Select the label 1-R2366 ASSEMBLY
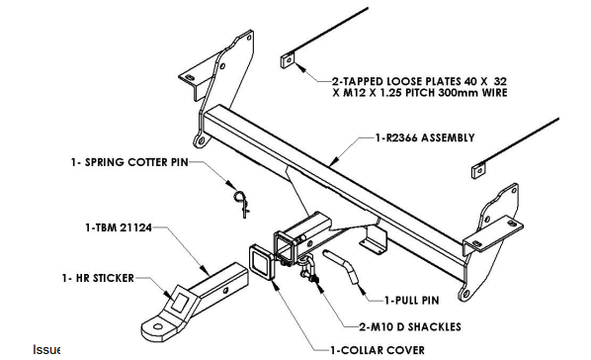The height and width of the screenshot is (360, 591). (x=425, y=137)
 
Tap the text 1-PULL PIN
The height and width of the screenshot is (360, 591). (x=412, y=301)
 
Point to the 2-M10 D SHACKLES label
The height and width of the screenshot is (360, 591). (x=410, y=326)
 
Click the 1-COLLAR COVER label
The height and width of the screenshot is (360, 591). (x=378, y=350)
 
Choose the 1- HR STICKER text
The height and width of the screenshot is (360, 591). (x=98, y=278)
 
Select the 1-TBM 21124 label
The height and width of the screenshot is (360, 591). (x=119, y=227)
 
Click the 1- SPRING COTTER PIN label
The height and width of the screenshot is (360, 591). (x=129, y=162)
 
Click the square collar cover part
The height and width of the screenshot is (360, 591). (x=261, y=262)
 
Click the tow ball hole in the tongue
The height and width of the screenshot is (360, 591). (x=159, y=326)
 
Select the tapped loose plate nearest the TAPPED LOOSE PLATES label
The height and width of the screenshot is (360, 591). (x=288, y=60)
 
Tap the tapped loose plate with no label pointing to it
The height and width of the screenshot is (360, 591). (x=478, y=170)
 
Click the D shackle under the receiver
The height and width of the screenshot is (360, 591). (x=309, y=268)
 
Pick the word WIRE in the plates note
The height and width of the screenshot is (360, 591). (x=494, y=93)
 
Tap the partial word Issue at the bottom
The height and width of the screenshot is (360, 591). (x=46, y=349)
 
